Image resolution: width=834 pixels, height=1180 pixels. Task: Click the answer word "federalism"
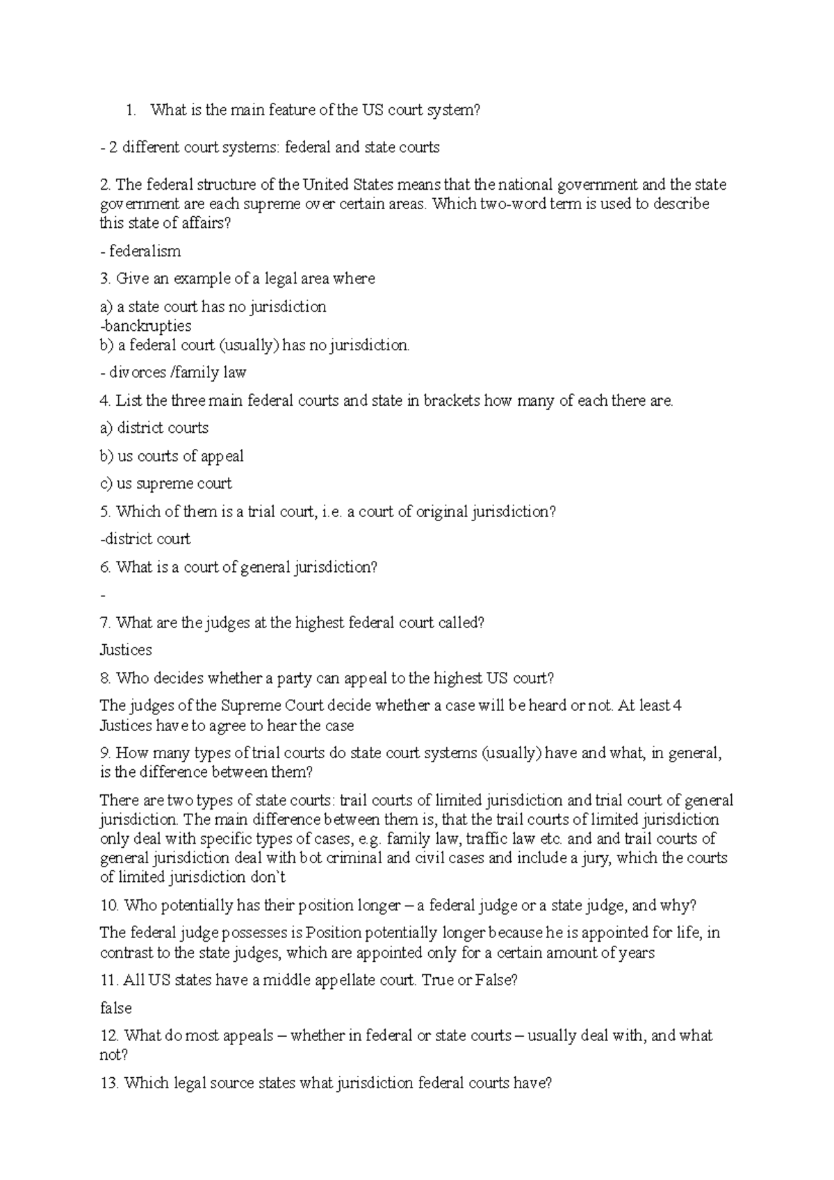[x=145, y=251]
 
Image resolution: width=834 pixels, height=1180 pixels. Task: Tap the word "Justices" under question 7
[x=126, y=650]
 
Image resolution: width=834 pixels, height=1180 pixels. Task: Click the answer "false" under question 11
[x=116, y=1008]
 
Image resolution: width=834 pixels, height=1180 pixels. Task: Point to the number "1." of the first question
[x=131, y=110]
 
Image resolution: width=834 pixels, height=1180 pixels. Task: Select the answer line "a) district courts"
[x=154, y=427]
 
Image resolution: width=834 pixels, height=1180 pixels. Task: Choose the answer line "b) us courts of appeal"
[x=172, y=456]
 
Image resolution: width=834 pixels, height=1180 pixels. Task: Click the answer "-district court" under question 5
[x=145, y=539]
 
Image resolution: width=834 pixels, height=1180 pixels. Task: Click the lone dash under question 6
[x=104, y=595]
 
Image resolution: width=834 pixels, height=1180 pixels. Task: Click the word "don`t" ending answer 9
[x=268, y=877]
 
